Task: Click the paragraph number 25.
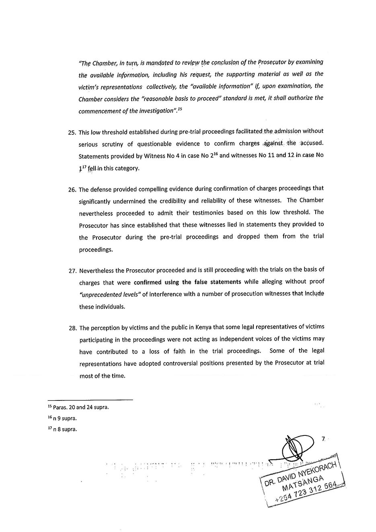72,132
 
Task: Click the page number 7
323,440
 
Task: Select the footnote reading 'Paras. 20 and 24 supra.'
81,407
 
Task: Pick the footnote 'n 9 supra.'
64,418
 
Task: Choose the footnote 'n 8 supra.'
64,429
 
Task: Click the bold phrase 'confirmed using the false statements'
187,282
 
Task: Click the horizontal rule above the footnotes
90,400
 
